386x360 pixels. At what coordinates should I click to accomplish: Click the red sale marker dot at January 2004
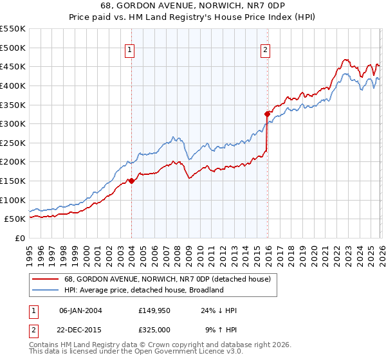point(131,181)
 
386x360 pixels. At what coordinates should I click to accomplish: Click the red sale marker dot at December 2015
point(267,114)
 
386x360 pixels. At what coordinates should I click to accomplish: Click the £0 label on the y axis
point(19,238)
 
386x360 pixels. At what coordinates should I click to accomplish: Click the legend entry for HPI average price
point(142,290)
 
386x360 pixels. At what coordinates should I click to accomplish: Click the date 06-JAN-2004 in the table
point(80,310)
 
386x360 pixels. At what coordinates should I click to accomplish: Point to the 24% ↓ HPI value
point(219,310)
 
